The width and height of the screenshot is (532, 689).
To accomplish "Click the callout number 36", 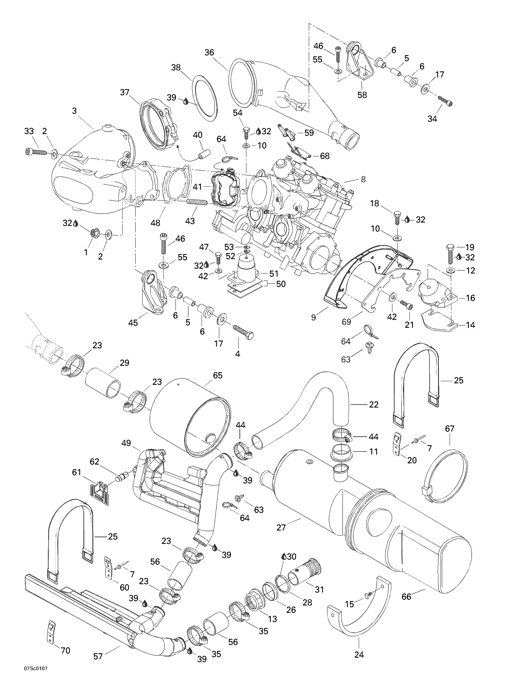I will (209, 52).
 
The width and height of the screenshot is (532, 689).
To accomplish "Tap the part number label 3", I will (74, 111).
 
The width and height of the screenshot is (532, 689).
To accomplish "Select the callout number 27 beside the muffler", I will (281, 527).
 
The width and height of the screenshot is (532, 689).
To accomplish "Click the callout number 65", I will (217, 376).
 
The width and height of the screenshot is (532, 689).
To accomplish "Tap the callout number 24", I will (359, 655).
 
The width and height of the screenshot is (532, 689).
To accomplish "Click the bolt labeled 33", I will (35, 153).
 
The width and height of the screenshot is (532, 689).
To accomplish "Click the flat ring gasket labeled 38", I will (205, 98).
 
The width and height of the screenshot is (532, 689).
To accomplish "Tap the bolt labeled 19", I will (450, 254).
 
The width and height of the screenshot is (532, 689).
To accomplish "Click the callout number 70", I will (65, 650).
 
